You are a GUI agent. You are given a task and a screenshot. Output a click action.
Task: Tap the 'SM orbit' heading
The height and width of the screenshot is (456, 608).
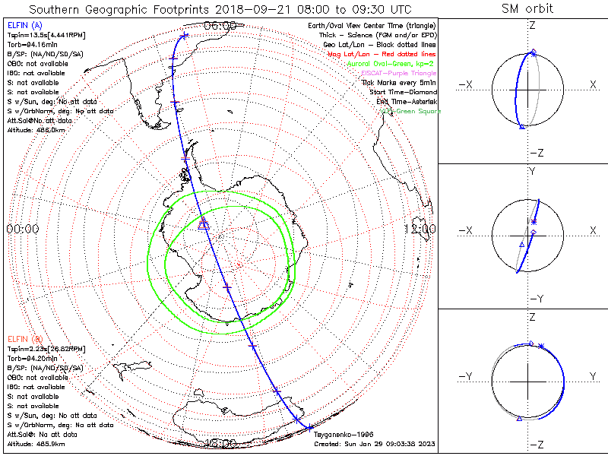pos(527,9)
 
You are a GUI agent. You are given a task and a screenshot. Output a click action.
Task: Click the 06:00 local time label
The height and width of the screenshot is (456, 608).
pos(220,25)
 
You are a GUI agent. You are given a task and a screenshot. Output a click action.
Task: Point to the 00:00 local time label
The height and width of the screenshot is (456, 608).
pos(23,229)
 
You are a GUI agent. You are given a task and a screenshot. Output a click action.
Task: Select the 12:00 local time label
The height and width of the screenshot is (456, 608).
pos(420,229)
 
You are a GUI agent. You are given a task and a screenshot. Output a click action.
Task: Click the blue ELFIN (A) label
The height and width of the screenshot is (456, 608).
pos(24,26)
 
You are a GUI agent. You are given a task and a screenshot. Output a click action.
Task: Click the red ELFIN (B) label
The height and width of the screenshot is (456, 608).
pos(25,339)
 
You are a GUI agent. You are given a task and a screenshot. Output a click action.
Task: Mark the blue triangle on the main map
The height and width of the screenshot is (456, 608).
pos(203,224)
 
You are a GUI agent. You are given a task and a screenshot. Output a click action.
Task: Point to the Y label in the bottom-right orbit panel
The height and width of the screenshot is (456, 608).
pos(592,376)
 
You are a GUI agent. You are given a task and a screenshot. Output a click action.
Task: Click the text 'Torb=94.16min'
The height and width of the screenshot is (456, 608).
pos(30,45)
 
